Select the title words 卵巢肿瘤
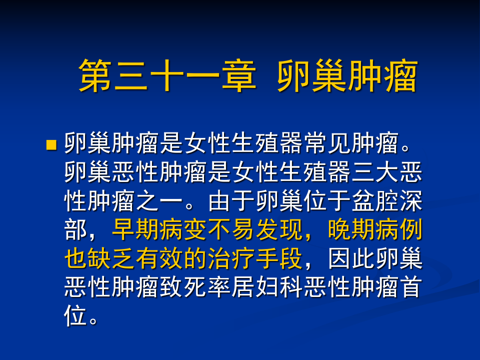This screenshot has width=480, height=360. pos(346,76)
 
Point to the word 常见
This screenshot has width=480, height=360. pos(328,145)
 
